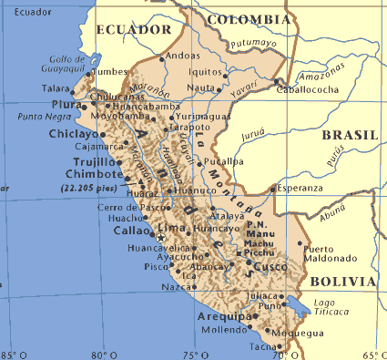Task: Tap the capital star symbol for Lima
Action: click(x=160, y=237)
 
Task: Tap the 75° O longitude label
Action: click(x=190, y=354)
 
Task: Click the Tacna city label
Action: click(x=264, y=346)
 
